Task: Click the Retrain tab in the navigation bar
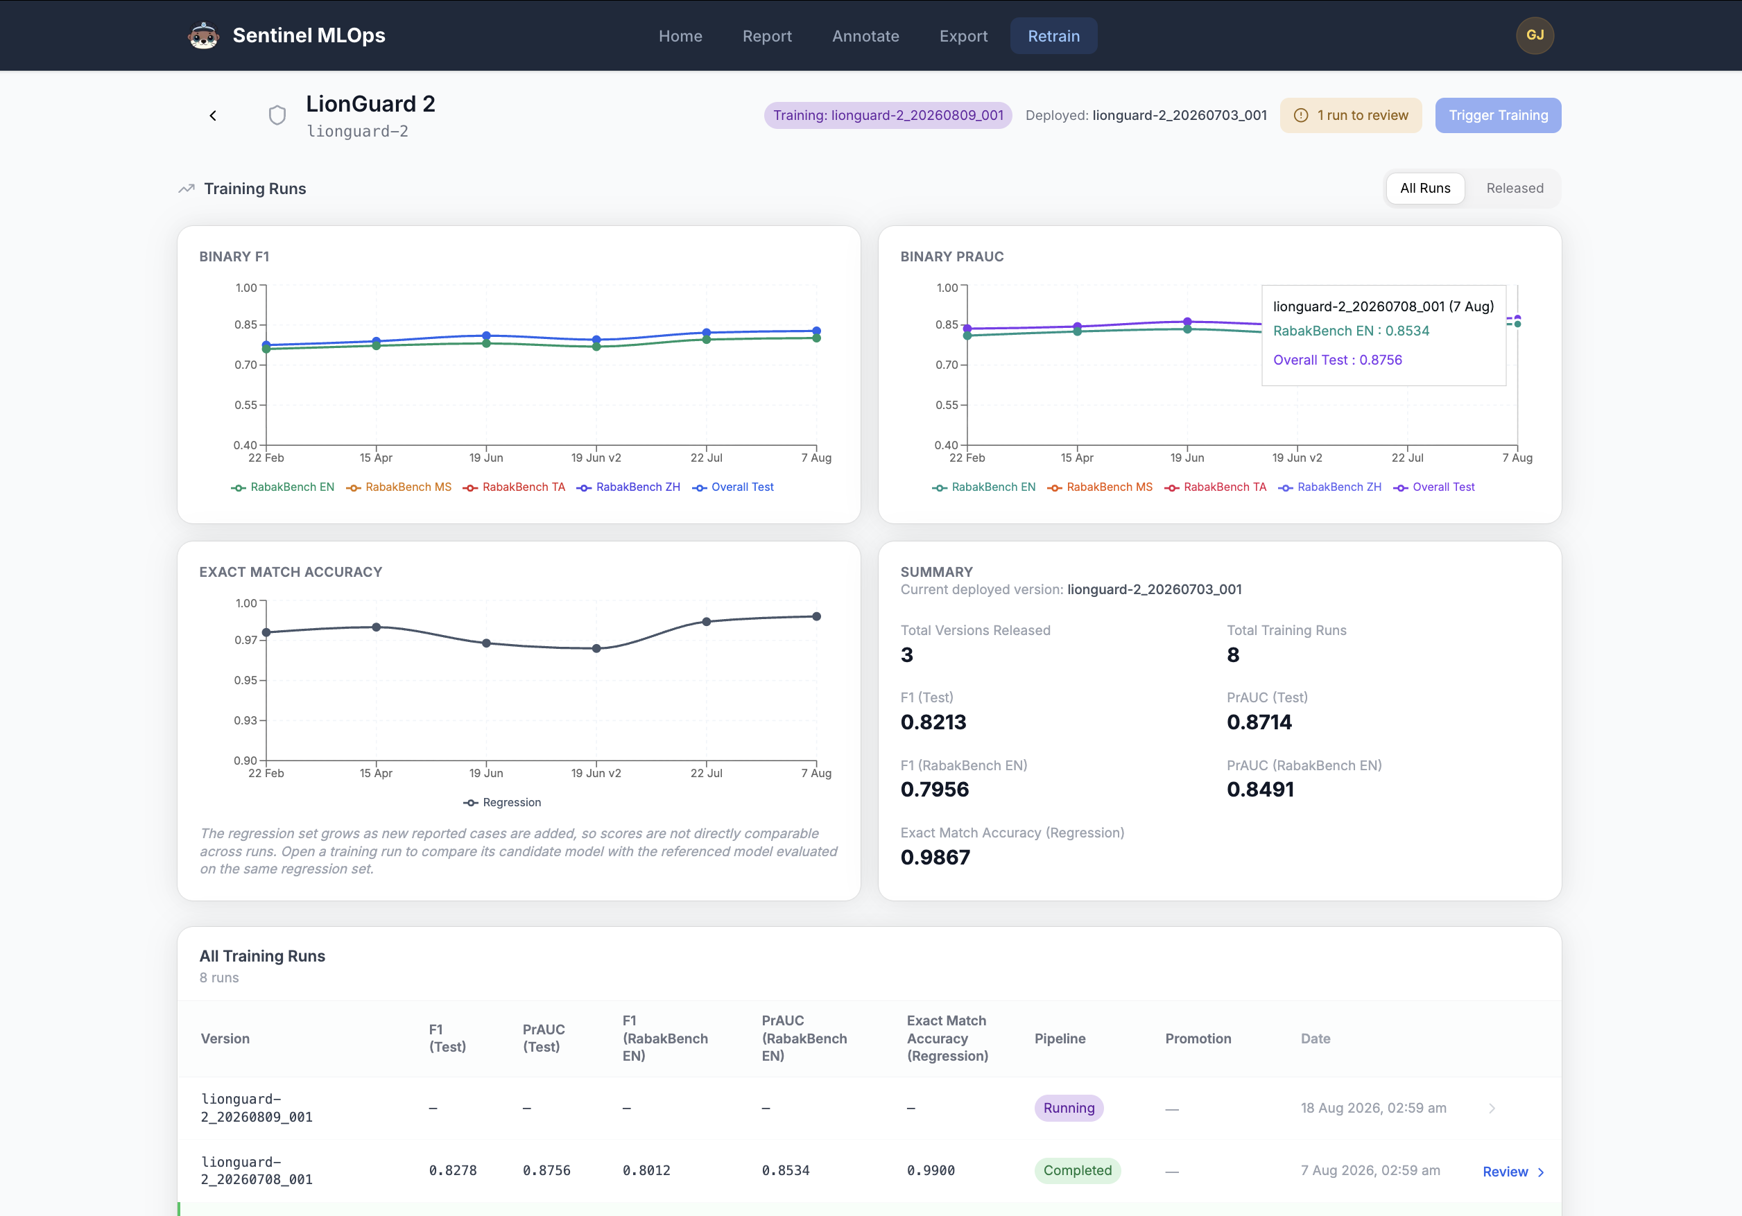tap(1053, 35)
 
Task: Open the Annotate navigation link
tap(865, 35)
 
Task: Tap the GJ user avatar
tap(1534, 35)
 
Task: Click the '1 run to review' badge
tap(1350, 115)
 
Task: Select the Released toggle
tap(1515, 188)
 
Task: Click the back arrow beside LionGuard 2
tap(213, 115)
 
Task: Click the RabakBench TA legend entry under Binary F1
tap(515, 487)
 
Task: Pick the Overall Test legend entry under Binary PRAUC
tap(1434, 487)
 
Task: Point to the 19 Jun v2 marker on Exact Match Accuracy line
tap(596, 649)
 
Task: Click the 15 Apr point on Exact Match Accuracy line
tap(377, 627)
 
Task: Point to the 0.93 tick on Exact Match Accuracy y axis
tap(245, 720)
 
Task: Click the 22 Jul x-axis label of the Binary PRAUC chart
tap(1408, 458)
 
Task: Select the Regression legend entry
tap(502, 803)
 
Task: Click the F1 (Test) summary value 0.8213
tap(933, 722)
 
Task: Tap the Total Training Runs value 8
tap(1233, 654)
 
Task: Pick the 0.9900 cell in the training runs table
tap(931, 1170)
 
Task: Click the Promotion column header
tap(1198, 1039)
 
